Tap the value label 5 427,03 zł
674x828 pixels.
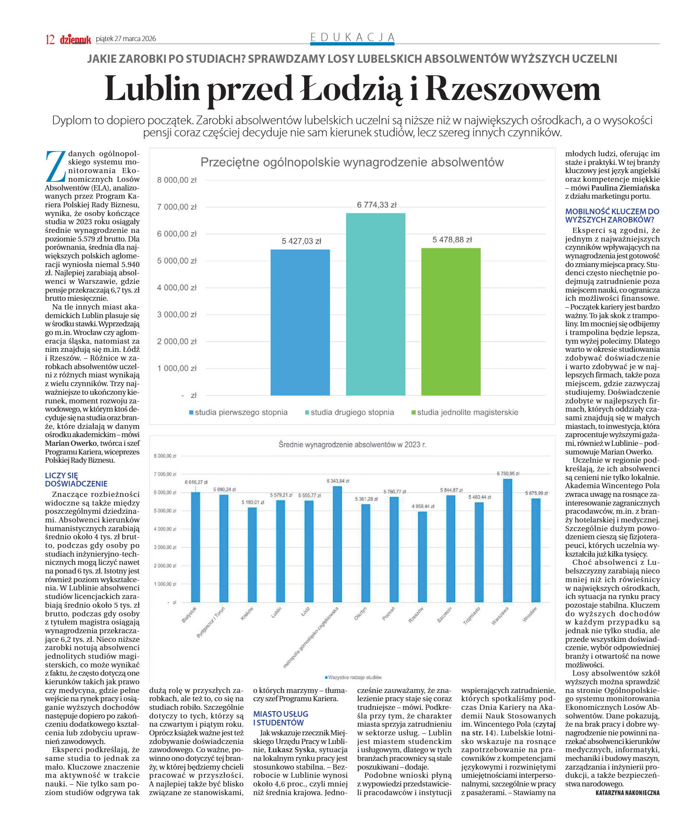point(301,241)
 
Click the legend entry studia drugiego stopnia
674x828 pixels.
point(349,412)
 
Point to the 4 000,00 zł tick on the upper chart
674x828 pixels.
point(177,288)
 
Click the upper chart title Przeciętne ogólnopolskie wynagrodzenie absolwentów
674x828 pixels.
point(352,162)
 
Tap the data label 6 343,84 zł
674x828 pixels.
point(337,481)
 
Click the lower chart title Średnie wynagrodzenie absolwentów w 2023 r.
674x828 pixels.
point(352,445)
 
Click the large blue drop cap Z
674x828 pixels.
point(55,166)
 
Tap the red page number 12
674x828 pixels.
point(50,39)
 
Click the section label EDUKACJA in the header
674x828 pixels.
point(353,37)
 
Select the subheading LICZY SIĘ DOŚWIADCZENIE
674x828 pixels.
point(76,480)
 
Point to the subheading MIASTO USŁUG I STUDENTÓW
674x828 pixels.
point(280,718)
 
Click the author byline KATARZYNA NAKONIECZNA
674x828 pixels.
point(627,793)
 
